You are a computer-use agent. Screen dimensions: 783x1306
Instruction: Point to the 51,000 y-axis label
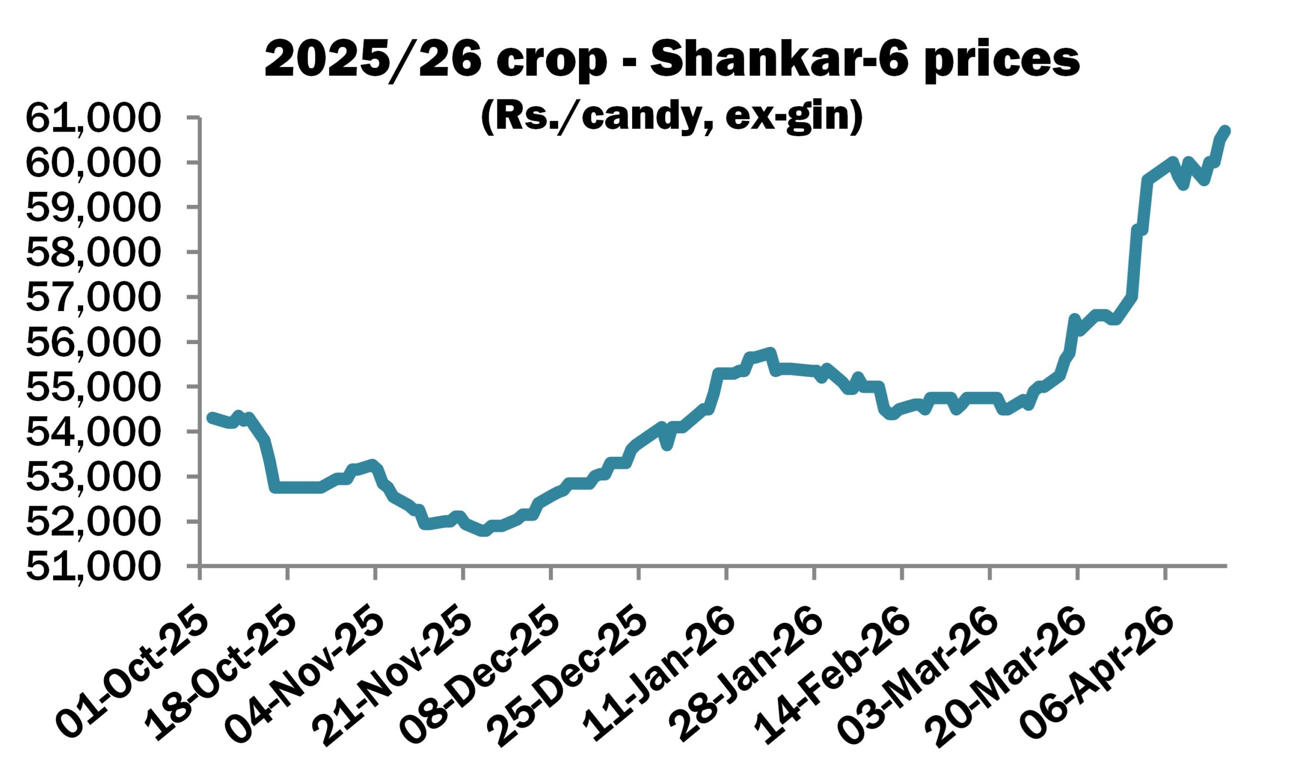(92, 567)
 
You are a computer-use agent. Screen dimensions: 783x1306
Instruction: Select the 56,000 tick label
(92, 343)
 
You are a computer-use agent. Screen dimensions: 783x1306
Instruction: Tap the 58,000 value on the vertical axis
(92, 253)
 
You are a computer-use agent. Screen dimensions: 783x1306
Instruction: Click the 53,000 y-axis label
(92, 477)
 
